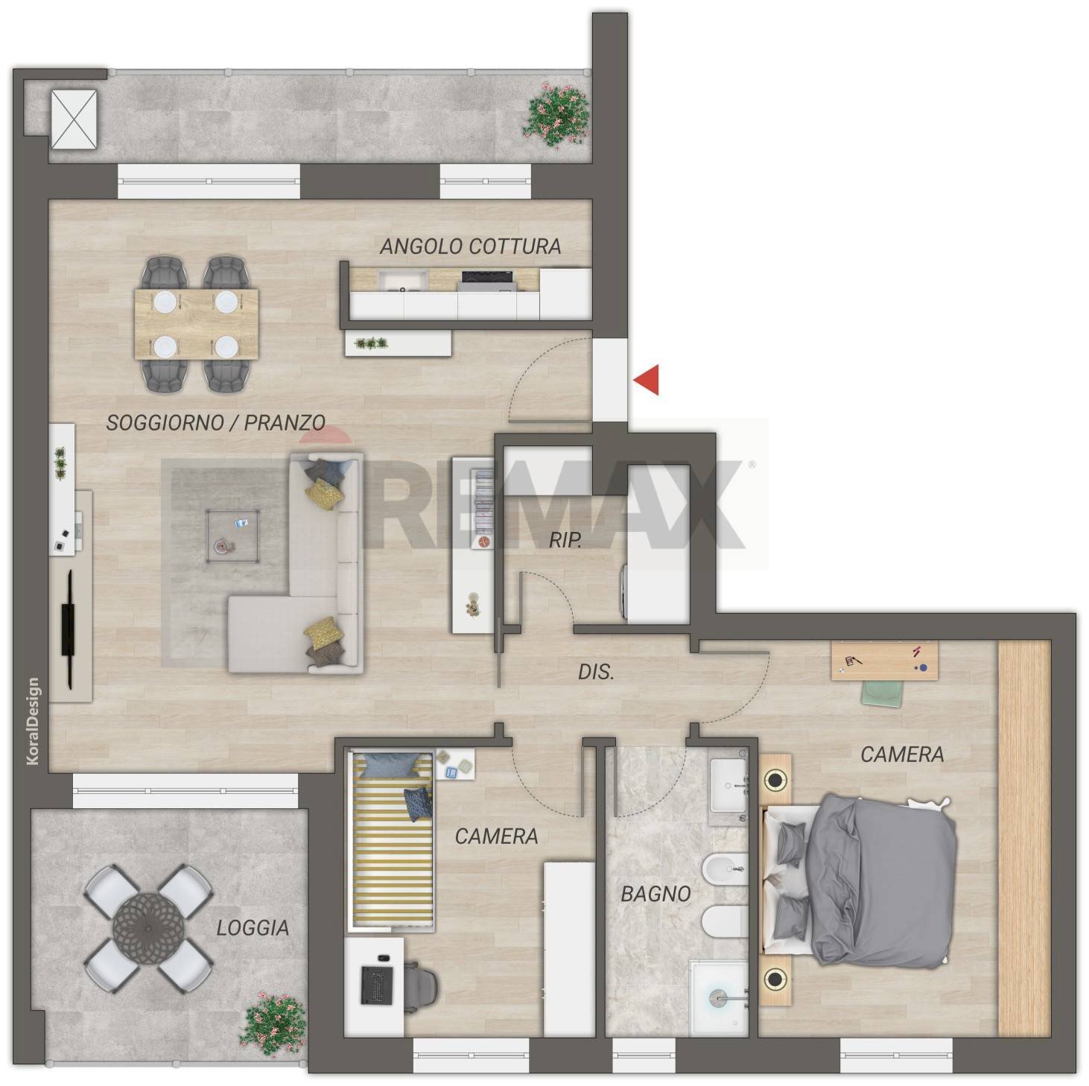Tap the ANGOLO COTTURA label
point(470,246)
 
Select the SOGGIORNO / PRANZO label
point(215,423)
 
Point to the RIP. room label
point(565,540)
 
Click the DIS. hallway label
point(596,673)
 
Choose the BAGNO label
point(655,894)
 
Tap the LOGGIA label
point(253,928)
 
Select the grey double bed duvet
point(883,879)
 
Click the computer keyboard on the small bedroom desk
point(374,985)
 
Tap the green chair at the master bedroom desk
point(880,693)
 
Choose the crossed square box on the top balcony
point(73,119)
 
